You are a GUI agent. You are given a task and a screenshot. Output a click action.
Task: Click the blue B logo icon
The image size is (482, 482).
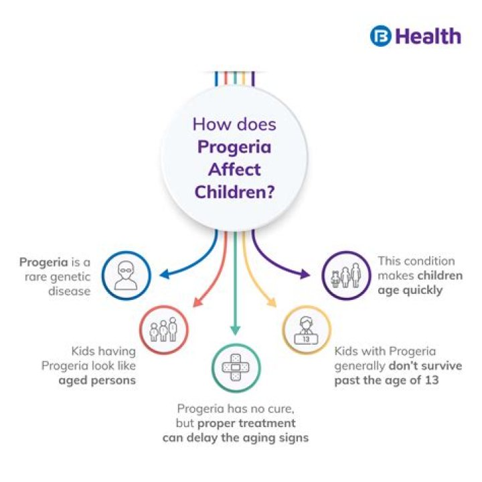(380, 35)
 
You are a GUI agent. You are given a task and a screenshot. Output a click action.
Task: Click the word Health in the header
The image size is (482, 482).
(427, 35)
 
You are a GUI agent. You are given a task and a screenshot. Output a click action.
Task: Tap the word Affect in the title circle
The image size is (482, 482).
(234, 170)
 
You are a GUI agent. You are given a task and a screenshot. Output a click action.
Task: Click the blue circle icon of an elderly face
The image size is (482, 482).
(125, 275)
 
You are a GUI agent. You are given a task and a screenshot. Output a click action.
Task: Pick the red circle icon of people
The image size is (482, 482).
(163, 329)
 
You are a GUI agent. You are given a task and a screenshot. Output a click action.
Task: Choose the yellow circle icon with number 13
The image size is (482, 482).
(306, 330)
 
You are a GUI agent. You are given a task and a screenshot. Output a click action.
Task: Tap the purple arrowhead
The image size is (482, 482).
(305, 274)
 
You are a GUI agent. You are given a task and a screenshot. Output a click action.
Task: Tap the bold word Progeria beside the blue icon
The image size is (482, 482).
(44, 261)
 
